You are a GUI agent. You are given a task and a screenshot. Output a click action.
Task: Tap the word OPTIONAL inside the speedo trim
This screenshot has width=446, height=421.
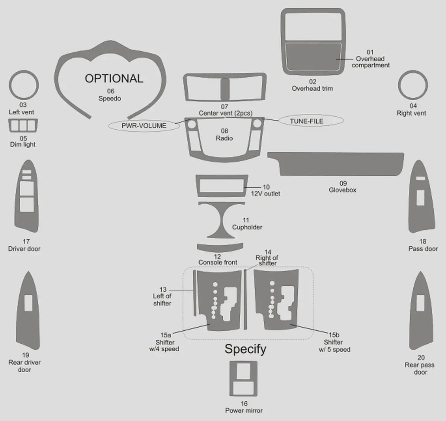coord(114,78)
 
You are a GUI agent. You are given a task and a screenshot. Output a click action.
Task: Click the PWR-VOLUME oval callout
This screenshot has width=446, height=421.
coord(144,126)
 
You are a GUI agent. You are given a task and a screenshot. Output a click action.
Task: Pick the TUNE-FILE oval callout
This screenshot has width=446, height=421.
coord(311,121)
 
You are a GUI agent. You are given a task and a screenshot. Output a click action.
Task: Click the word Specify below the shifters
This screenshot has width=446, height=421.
coord(245,349)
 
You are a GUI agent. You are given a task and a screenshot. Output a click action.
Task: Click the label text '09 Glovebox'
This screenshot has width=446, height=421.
coord(342,187)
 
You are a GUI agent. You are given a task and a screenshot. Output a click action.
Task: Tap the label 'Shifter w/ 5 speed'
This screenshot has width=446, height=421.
coord(334,346)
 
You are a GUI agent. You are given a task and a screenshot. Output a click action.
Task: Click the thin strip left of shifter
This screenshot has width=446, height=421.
coord(195,293)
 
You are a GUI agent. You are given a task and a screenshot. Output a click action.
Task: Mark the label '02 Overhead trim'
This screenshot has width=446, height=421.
coord(312,85)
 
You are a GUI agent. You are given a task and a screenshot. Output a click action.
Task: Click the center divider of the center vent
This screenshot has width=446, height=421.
coord(225,89)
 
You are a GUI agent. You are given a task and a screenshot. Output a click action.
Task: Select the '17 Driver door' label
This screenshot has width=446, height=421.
coord(24,245)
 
